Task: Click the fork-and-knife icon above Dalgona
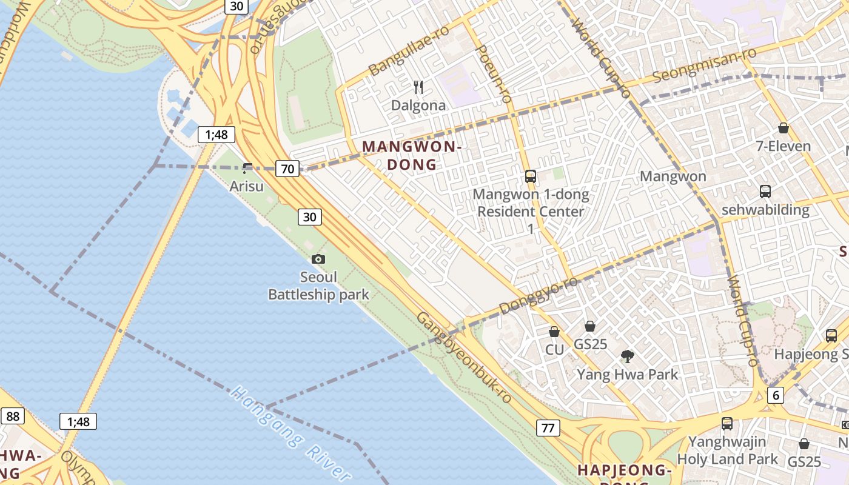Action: click(417, 87)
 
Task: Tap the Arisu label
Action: click(246, 186)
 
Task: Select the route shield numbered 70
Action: click(287, 169)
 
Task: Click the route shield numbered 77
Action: click(548, 428)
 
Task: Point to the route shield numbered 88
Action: click(13, 416)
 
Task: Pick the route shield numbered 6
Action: click(775, 395)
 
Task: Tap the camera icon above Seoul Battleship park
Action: click(318, 259)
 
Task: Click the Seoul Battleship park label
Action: click(318, 286)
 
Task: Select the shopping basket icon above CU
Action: click(554, 332)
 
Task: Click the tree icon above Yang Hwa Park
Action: click(627, 356)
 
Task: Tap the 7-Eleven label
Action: click(783, 146)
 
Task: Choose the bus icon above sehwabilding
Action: click(765, 192)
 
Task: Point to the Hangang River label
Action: click(292, 434)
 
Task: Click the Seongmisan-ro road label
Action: click(705, 66)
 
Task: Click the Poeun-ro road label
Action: click(495, 73)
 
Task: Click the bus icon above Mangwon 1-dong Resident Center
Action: click(531, 176)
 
